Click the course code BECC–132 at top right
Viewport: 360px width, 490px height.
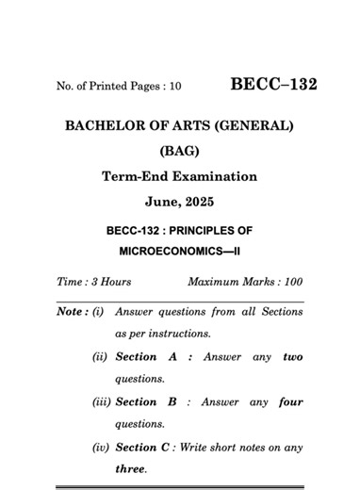tap(273, 84)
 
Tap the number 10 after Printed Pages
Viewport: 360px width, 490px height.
tap(173, 87)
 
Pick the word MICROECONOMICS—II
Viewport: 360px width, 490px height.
tap(180, 253)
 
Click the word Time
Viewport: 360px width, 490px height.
tap(71, 282)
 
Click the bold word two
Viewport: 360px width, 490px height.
tap(292, 357)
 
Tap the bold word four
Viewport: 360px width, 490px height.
tap(291, 402)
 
